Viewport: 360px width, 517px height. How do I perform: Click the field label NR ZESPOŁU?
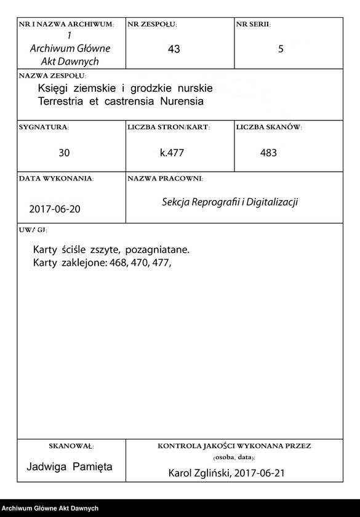[151, 25]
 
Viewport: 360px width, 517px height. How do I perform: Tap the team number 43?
[174, 49]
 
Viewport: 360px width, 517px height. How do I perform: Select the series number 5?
[281, 49]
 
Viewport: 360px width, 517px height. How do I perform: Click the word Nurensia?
[182, 100]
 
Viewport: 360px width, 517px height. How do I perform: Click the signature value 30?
[64, 153]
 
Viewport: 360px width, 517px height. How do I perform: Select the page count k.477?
[172, 153]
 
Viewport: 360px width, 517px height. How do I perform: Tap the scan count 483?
[269, 153]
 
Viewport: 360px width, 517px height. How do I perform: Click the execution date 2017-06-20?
[54, 209]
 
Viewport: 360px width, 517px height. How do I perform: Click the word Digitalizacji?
[272, 202]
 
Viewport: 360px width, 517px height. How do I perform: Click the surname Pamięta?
[92, 467]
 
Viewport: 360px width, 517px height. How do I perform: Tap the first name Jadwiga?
[47, 467]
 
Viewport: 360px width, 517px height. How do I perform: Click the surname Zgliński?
[218, 473]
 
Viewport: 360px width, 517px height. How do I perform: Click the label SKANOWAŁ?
[71, 445]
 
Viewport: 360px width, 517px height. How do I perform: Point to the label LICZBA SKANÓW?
[268, 127]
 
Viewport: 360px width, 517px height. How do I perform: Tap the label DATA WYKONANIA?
[56, 178]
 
